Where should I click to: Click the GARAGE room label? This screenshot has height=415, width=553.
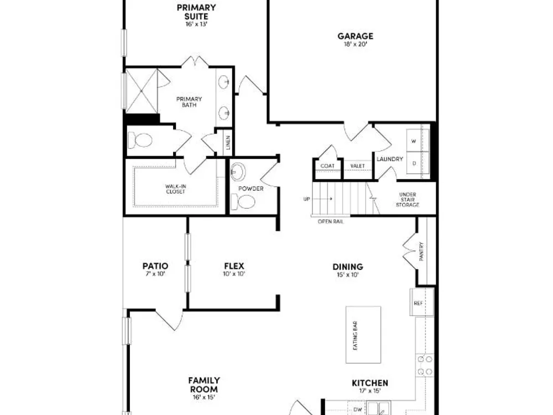coord(355,36)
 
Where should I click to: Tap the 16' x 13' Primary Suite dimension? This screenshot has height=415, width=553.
coord(196,24)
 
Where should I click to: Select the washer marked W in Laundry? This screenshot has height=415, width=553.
coord(418,141)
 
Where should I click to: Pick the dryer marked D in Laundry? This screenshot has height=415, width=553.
coord(418,163)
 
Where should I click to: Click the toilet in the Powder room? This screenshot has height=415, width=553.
coord(243,201)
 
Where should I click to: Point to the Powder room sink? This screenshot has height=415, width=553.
coord(238,172)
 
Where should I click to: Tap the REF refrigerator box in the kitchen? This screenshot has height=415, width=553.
coord(422,302)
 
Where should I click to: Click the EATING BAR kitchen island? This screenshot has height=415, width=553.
coord(363,335)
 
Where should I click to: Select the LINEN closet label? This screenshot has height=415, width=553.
coord(228,143)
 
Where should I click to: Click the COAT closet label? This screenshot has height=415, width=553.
coord(327,166)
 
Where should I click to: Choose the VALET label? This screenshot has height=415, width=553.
coord(358,166)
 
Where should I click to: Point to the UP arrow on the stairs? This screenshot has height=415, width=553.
coord(322,199)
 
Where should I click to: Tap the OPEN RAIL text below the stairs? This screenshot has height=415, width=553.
coord(331,222)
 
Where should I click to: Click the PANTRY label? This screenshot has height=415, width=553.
coord(421,251)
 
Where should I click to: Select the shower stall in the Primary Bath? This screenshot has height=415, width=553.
coord(142,91)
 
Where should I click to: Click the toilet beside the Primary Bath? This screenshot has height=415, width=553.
coord(140,141)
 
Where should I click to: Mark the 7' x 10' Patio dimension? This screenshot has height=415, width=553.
coord(155,274)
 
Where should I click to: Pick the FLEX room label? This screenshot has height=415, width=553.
coord(234,266)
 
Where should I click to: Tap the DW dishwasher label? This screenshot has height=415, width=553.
coord(358,409)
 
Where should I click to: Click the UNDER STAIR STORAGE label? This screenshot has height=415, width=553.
coord(408,199)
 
